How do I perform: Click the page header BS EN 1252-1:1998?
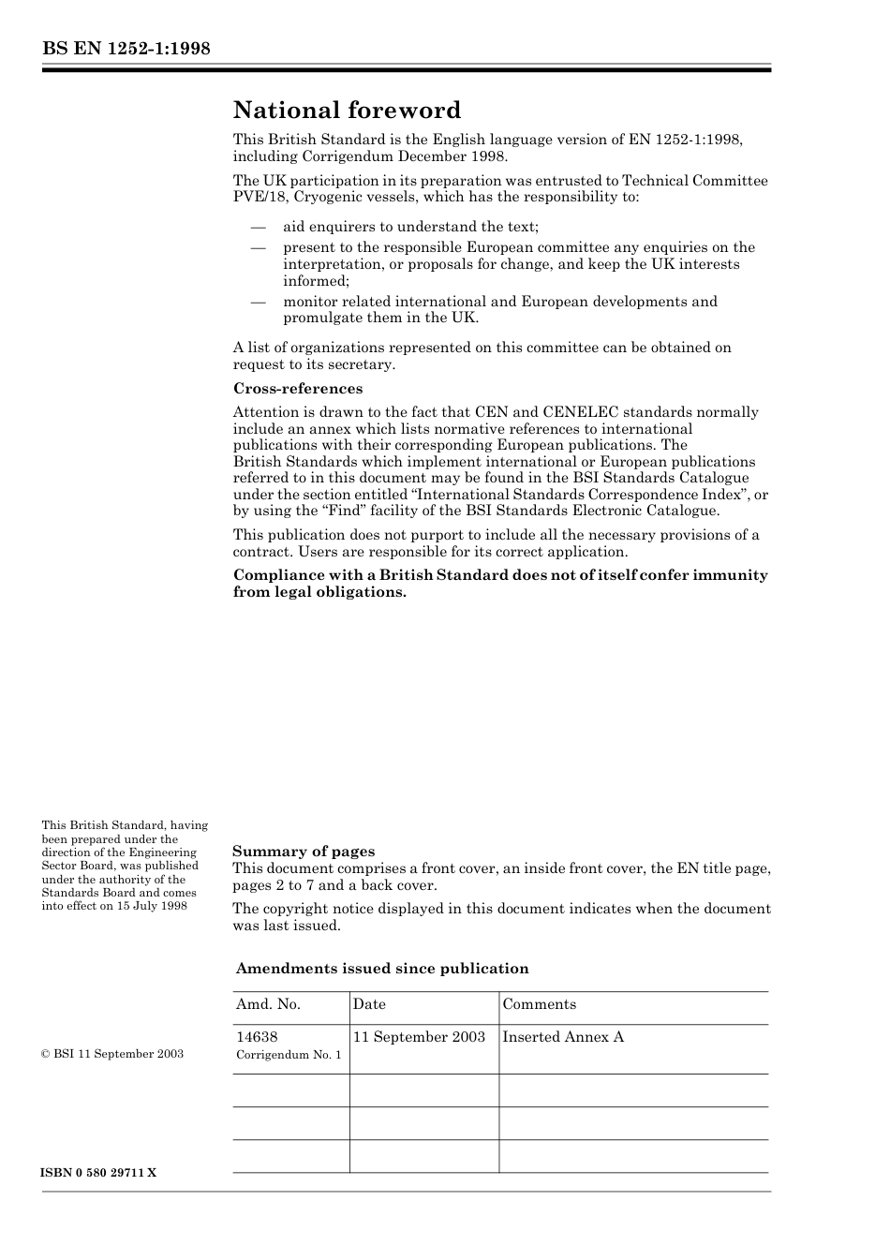126,49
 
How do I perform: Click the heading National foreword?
347,111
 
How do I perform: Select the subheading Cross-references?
297,389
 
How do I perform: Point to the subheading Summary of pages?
303,852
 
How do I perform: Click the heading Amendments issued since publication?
381,969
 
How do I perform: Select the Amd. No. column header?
268,1004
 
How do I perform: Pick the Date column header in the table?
369,1004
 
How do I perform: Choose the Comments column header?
539,1004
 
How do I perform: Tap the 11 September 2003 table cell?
419,1037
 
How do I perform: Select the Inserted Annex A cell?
563,1037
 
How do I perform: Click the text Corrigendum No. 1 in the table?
289,1055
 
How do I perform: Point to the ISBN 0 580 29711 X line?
99,1174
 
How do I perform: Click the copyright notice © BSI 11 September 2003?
112,1054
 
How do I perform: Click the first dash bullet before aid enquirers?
258,228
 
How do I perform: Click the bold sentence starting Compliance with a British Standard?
500,584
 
